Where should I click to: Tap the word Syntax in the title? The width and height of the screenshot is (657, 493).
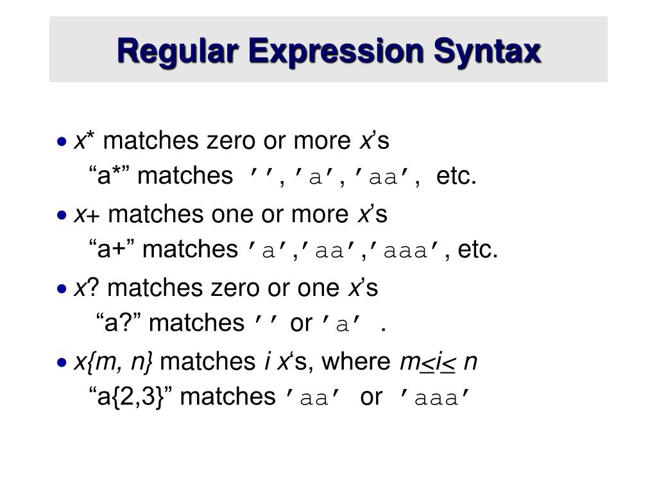[x=487, y=51]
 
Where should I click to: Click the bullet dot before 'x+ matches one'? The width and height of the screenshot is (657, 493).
[x=62, y=215]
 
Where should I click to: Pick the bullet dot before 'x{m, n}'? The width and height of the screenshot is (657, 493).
[x=62, y=363]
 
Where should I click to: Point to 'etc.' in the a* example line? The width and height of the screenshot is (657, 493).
[x=456, y=176]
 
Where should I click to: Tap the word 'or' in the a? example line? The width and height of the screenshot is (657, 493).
[x=300, y=324]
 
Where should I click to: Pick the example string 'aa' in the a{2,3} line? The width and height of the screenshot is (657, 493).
[x=314, y=399]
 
